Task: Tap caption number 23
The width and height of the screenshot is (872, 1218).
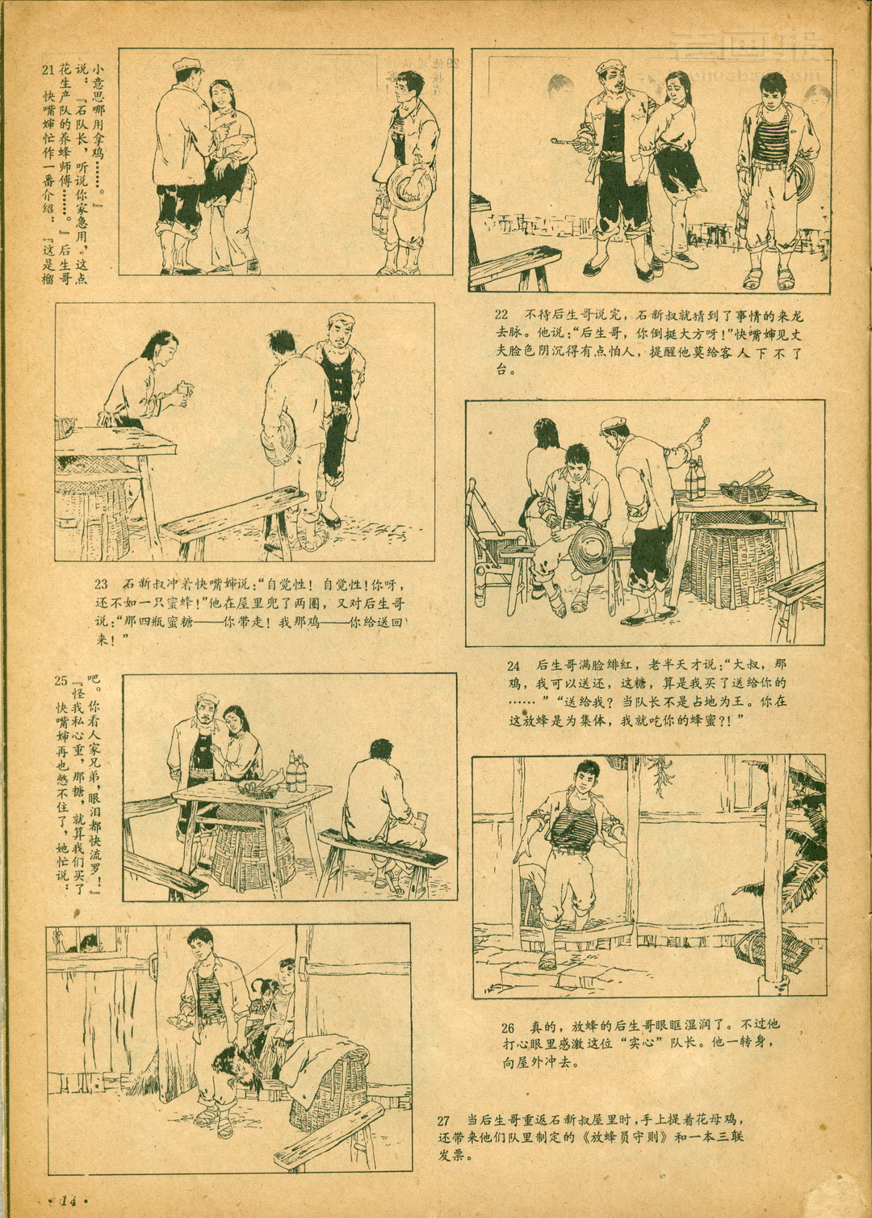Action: [x=102, y=585]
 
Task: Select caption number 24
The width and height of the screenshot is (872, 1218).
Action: [x=514, y=666]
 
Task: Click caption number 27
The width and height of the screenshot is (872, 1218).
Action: [x=443, y=1116]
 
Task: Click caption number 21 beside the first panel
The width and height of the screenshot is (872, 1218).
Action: [x=48, y=69]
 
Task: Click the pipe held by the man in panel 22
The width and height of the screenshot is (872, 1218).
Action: [x=567, y=144]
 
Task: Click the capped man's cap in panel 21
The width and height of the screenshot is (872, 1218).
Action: [x=187, y=65]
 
